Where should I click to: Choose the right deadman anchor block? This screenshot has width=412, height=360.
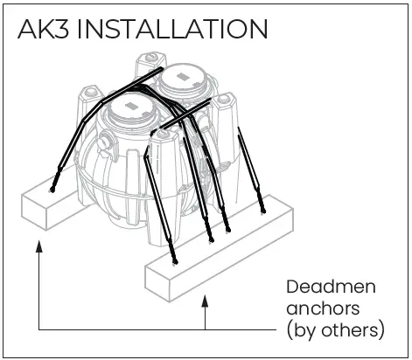click(x=219, y=258)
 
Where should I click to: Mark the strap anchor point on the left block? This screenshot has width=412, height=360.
click(x=53, y=189)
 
